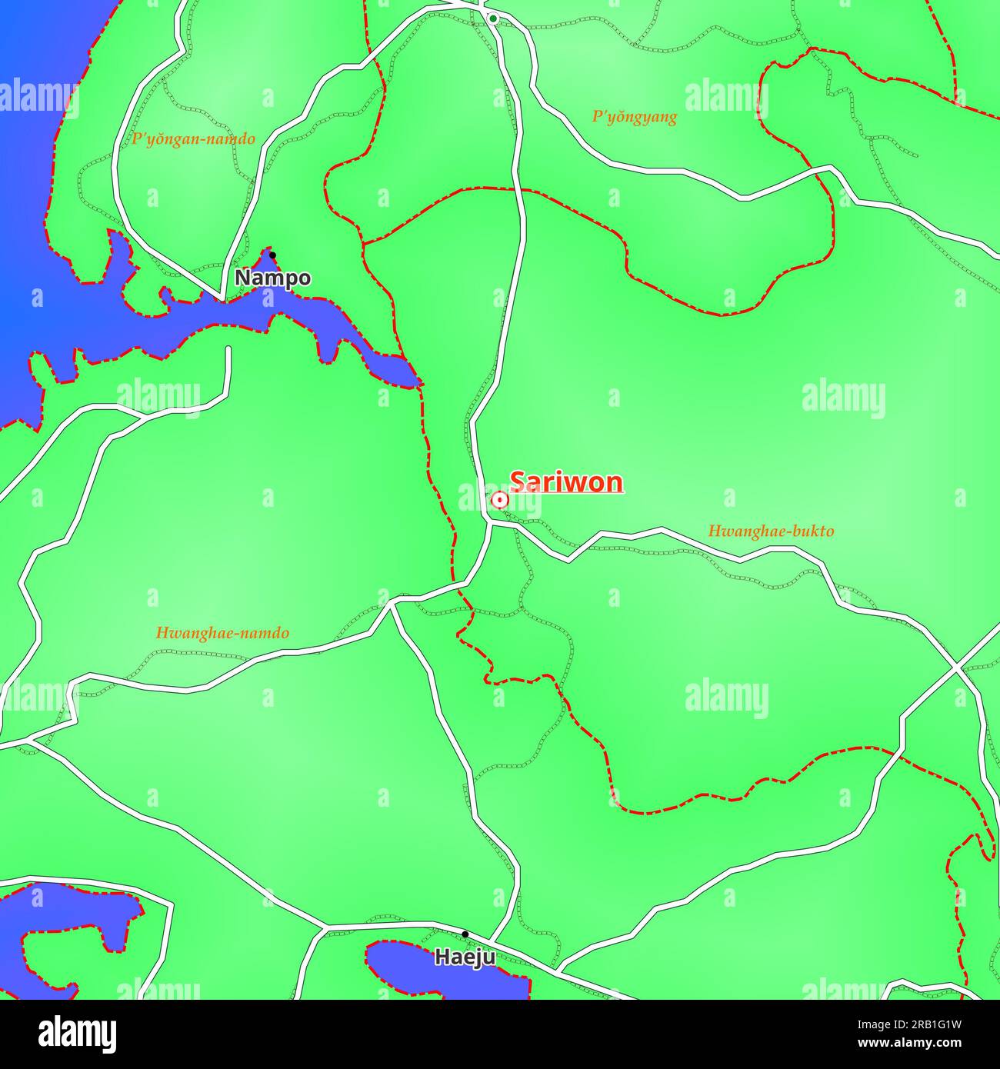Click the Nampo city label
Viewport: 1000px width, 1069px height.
coord(272,278)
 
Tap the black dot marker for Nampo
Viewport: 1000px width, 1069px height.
coord(272,255)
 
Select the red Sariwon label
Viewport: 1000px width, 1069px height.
coord(566,482)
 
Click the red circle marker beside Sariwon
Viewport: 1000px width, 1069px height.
coord(499,501)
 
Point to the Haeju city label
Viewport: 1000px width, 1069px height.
coord(465,957)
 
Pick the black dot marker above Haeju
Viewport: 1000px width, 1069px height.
coord(465,934)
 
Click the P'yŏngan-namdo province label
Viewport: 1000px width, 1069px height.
coord(193,139)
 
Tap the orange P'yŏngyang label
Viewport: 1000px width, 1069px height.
coord(634,117)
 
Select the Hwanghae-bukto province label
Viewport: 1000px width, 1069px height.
coord(770,531)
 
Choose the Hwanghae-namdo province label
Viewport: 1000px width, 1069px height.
coord(222,633)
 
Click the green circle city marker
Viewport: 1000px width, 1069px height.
coord(493,18)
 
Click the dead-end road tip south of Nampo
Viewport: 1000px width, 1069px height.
coord(228,349)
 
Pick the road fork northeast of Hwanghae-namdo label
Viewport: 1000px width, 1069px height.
coord(392,604)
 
